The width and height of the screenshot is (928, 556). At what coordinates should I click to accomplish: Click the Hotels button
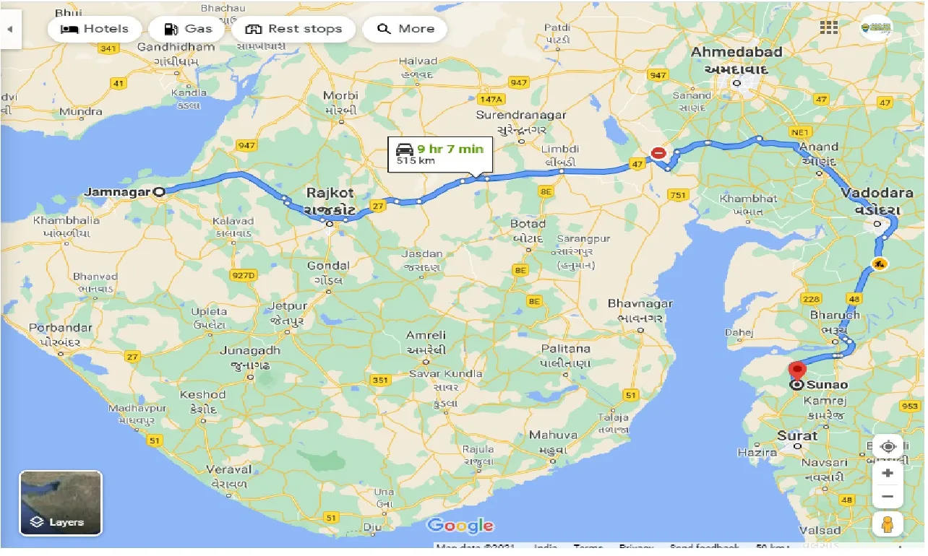click(x=95, y=30)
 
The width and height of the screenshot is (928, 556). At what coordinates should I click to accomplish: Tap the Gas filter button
click(x=187, y=30)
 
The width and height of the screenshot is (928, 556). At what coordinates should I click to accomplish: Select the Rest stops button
click(x=293, y=30)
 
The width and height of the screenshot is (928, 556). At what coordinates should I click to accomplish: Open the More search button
click(x=405, y=30)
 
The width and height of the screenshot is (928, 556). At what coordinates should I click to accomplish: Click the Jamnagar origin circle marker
click(x=159, y=192)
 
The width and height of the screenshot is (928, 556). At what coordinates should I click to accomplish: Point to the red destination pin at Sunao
click(x=796, y=370)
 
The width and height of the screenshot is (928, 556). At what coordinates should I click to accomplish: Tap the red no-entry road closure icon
click(x=658, y=153)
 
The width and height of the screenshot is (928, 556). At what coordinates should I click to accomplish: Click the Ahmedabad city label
click(x=736, y=53)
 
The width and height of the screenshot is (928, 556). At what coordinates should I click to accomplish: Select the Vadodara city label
click(x=870, y=194)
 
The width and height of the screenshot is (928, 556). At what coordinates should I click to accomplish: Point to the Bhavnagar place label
click(x=640, y=304)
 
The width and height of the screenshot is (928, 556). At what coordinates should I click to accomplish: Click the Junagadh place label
click(x=249, y=351)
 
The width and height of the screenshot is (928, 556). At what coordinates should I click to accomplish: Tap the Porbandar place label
click(x=61, y=328)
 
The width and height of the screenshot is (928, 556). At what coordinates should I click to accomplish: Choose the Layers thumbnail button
click(x=61, y=503)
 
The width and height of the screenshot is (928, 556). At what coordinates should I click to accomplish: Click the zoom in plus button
click(x=888, y=474)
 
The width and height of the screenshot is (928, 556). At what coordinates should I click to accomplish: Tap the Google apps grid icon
click(x=829, y=27)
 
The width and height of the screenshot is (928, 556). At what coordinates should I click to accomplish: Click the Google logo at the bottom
click(x=460, y=526)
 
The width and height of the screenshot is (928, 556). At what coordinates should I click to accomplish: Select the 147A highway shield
click(x=490, y=98)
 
